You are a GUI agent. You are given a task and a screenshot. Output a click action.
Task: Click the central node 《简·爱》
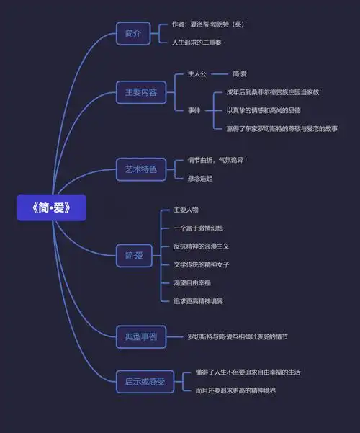point(51,208)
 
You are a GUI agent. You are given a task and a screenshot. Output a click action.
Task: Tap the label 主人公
point(197,74)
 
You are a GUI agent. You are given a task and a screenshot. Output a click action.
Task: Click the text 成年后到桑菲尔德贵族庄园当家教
point(272,92)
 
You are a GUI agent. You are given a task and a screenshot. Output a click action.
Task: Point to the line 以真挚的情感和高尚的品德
point(264,110)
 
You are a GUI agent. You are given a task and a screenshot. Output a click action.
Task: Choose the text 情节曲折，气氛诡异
point(215,160)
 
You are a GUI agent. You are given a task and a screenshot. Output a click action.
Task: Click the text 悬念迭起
point(199,178)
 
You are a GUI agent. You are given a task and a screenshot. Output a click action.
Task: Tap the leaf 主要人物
point(186,210)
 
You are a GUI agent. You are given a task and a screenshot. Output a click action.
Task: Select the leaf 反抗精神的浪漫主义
point(201,246)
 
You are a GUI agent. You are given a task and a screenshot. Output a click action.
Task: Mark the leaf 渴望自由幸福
point(193,282)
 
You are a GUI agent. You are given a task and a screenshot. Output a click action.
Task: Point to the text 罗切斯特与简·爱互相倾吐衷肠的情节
point(238,336)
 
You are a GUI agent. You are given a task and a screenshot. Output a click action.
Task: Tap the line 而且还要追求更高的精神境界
point(235,390)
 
